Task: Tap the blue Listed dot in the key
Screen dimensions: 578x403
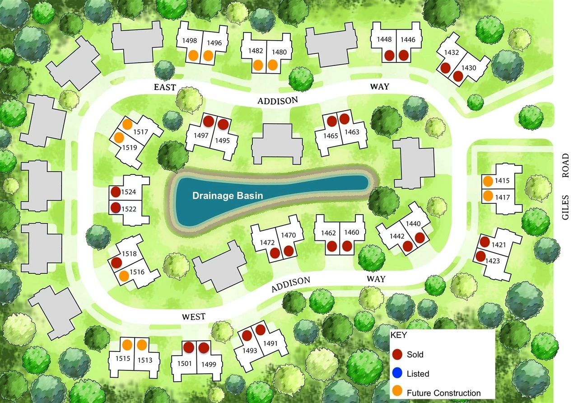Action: (397, 373)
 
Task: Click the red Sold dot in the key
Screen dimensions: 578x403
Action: (397, 354)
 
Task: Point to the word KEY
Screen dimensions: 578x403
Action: (398, 336)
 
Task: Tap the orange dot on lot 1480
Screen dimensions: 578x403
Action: (272, 65)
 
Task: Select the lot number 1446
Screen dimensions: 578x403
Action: (407, 40)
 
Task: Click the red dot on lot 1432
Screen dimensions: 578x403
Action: (445, 68)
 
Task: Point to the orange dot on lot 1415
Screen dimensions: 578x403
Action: (488, 182)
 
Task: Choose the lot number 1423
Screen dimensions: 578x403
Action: (493, 261)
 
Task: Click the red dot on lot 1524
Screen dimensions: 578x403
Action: (115, 192)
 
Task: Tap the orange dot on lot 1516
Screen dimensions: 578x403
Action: (124, 275)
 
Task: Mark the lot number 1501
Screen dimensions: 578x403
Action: (185, 364)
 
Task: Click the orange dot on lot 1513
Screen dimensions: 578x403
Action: (142, 345)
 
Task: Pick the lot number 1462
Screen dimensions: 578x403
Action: (329, 233)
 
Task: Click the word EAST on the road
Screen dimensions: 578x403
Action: (164, 87)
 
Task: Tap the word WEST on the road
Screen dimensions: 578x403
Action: (194, 316)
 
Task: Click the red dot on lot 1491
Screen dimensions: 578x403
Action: (260, 329)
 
